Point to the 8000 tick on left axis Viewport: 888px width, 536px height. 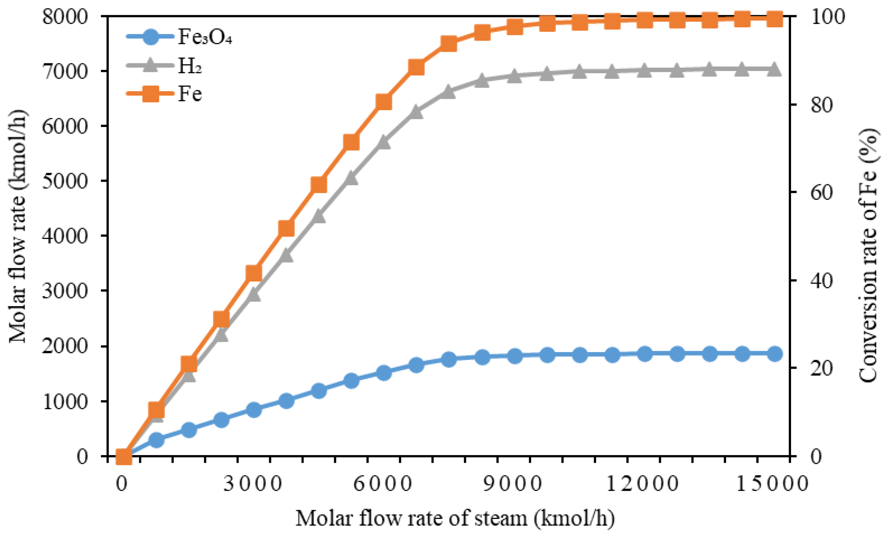[x=65, y=17]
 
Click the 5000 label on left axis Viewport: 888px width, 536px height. [x=65, y=181]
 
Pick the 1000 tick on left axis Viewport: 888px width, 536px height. [x=65, y=401]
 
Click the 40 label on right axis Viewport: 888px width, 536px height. [x=822, y=280]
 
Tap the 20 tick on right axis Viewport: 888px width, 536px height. [x=822, y=368]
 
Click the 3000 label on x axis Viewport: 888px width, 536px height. [x=253, y=483]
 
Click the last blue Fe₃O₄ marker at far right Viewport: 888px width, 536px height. [x=774, y=354]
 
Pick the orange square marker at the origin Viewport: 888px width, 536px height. [x=123, y=456]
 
